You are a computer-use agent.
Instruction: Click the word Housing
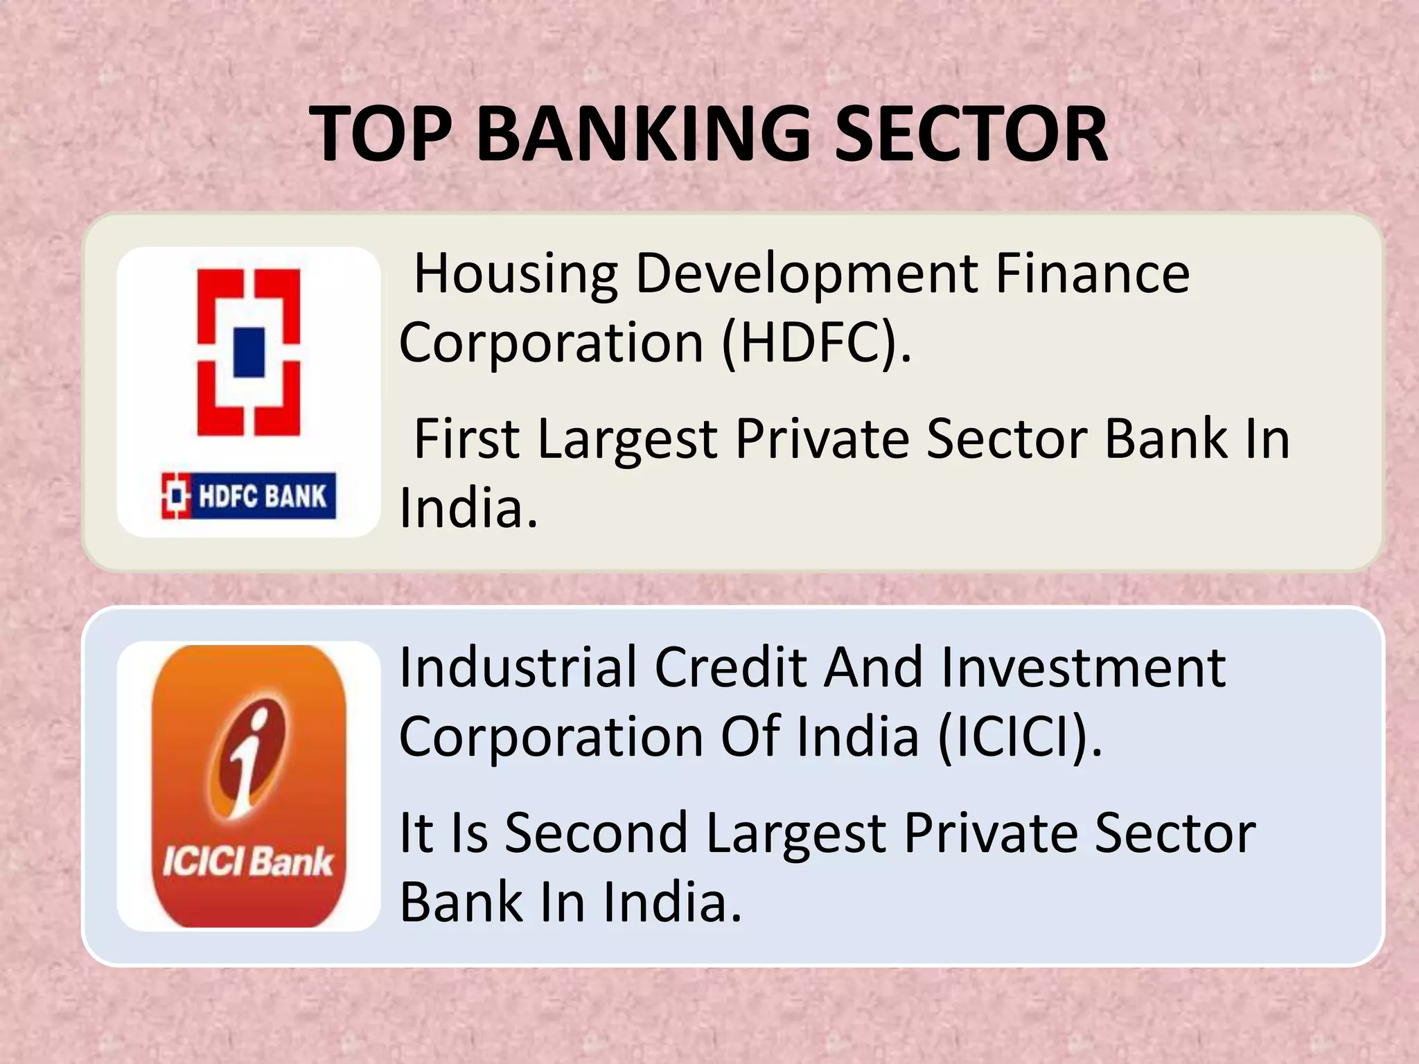(x=515, y=274)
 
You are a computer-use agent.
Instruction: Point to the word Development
(x=807, y=274)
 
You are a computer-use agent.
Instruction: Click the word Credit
(x=731, y=667)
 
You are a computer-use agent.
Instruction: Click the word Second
(x=597, y=833)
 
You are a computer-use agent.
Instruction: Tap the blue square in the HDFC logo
(x=249, y=352)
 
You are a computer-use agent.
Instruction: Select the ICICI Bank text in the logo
(x=248, y=862)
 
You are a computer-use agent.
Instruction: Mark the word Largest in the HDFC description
(x=628, y=440)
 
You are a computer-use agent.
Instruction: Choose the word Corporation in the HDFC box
(x=552, y=343)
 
